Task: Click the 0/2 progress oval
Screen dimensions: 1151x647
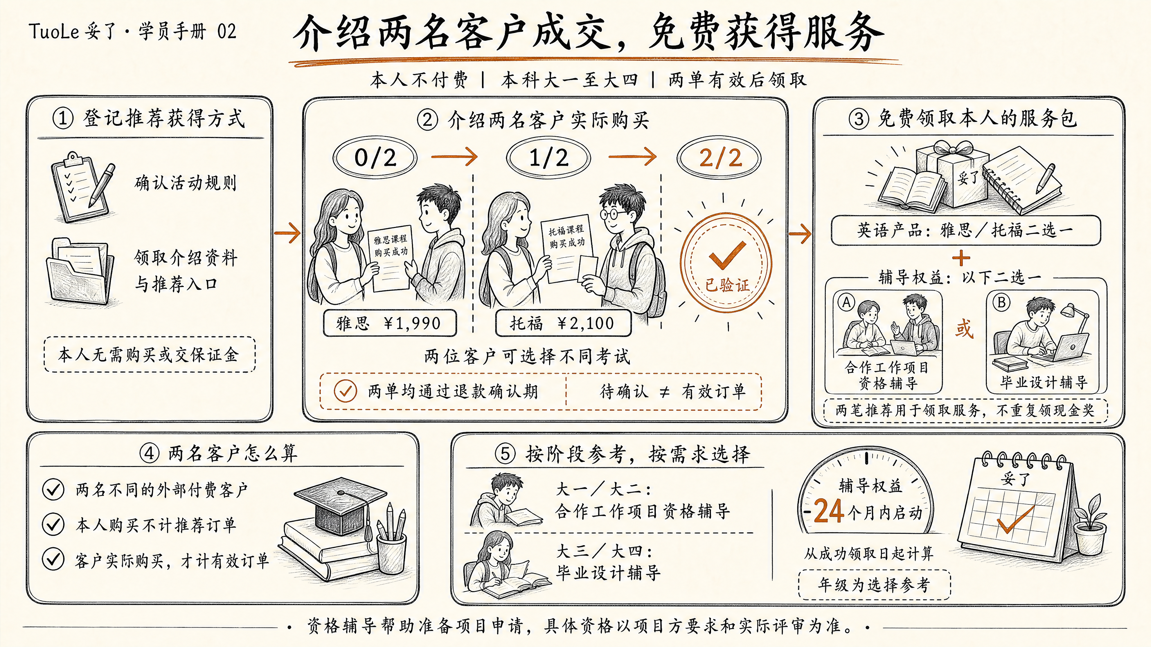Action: coord(375,158)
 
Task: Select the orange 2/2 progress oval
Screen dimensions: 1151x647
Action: coord(718,158)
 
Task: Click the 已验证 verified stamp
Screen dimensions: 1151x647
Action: coord(726,263)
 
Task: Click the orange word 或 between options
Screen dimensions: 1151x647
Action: coord(964,329)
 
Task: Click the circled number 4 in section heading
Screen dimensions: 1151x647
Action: coord(149,453)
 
